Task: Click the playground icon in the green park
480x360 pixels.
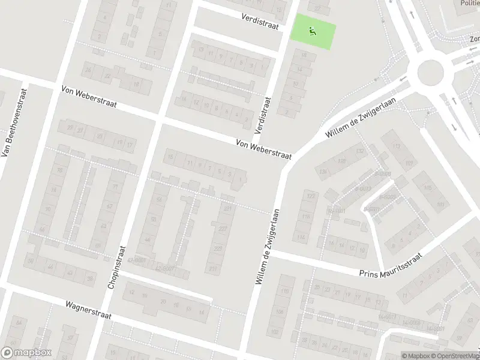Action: click(312, 31)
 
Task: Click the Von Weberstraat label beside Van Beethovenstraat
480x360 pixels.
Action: click(89, 96)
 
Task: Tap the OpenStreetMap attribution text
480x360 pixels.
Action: click(454, 356)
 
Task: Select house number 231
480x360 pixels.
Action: click(228, 209)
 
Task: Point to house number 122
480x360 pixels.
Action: click(310, 196)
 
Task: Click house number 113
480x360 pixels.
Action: click(395, 146)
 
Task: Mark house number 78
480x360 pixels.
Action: click(59, 170)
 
